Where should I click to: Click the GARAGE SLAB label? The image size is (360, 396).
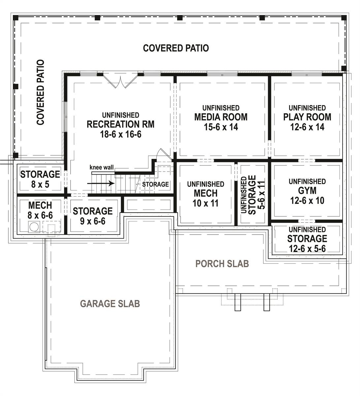(x=110, y=303)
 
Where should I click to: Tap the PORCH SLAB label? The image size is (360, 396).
(x=222, y=264)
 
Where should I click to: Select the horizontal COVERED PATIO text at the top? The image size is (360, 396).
(x=176, y=48)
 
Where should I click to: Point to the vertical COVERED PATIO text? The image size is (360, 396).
(x=40, y=92)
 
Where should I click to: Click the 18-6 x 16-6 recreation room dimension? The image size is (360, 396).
(x=120, y=134)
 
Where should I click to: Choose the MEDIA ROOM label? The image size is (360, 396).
(x=221, y=117)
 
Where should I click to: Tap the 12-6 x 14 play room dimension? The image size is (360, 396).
(x=307, y=127)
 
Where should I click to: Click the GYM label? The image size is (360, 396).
(x=307, y=191)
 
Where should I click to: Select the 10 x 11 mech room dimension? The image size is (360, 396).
(x=206, y=203)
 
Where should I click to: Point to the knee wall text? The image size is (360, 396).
(x=102, y=167)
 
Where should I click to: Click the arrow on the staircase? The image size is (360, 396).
(x=101, y=183)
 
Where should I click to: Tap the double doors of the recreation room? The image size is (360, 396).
(x=120, y=82)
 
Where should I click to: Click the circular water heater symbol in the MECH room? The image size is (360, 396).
(x=34, y=227)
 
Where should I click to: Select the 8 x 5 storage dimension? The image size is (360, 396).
(x=40, y=184)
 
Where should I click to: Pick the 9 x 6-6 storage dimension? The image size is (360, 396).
(x=93, y=221)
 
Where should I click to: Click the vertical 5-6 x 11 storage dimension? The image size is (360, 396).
(x=261, y=195)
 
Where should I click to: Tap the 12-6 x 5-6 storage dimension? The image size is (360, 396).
(x=307, y=248)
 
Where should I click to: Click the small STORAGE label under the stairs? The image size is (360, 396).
(x=155, y=184)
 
